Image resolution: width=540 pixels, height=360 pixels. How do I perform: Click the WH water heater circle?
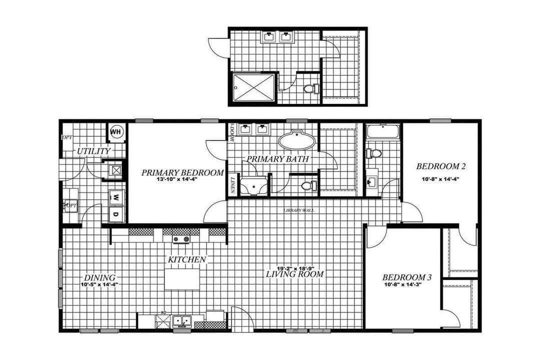tap(116, 131)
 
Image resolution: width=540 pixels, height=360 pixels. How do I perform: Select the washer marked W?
tap(115, 196)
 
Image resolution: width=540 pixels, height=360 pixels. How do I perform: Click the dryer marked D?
tap(115, 214)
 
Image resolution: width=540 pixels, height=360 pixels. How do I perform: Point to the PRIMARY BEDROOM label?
tap(182, 172)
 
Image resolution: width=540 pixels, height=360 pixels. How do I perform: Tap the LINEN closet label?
tap(233, 184)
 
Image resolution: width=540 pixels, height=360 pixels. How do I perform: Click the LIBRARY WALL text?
tap(299, 210)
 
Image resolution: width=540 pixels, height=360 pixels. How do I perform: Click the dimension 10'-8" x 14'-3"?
tap(403, 286)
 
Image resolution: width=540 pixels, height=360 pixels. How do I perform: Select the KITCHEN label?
tap(186, 259)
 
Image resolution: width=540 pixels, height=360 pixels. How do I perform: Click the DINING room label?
tap(99, 277)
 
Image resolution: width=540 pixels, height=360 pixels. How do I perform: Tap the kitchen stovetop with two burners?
tap(181, 239)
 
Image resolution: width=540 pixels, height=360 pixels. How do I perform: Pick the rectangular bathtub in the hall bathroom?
tap(382, 132)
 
